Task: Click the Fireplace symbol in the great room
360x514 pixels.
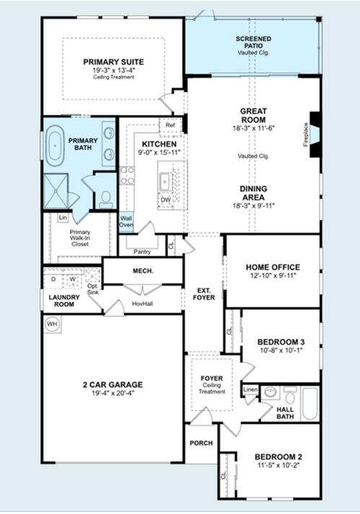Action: pos(312,123)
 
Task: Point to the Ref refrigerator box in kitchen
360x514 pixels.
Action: pos(170,125)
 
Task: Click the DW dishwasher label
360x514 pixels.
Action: pos(166,200)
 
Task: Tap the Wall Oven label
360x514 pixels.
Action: pos(126,222)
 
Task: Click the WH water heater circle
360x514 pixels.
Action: pos(52,325)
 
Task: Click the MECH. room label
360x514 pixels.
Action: pos(141,271)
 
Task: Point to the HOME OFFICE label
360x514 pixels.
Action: pos(273,267)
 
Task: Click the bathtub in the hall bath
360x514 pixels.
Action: pos(309,404)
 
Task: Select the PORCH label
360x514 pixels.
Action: pos(201,443)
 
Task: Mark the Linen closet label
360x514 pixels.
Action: pos(250,391)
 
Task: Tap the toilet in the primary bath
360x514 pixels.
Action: pos(105,197)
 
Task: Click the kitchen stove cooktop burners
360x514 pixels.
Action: pos(127,176)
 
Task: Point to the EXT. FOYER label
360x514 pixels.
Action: pos(206,293)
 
